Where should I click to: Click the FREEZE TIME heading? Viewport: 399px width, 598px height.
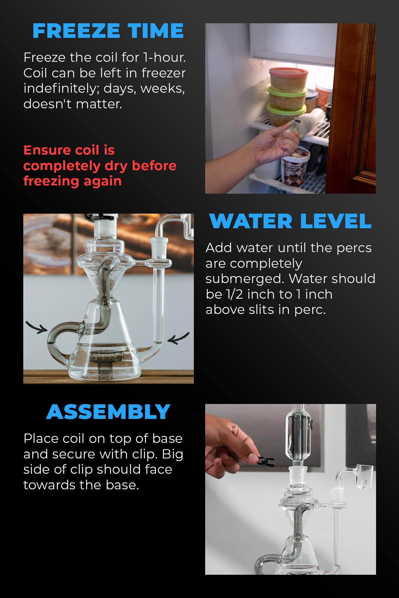pos(108,31)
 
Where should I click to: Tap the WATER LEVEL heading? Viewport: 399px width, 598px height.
pos(290,221)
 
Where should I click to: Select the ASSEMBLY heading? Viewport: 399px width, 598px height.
pos(108,412)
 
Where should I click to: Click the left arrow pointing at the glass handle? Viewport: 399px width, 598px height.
pos(37,327)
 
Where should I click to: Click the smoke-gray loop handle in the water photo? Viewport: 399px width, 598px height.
pos(58,342)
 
